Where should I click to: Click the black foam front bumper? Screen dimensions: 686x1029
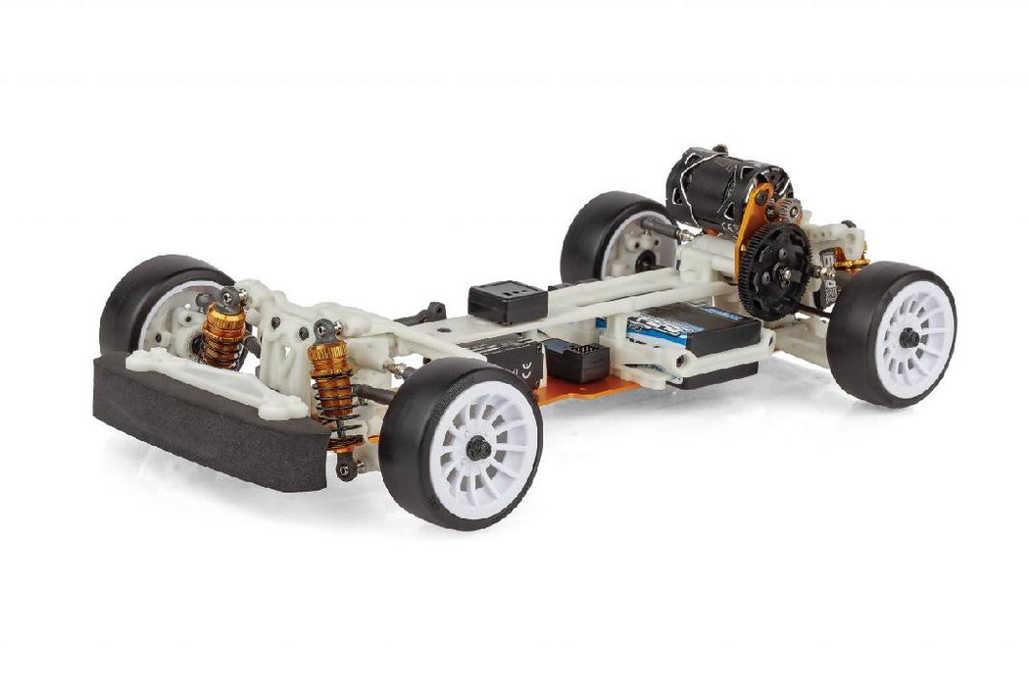tap(196, 431)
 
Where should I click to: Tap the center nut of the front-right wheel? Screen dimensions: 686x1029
tap(477, 448)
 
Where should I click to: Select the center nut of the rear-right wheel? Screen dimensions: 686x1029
tap(908, 337)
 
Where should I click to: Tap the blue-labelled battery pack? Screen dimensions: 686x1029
tap(686, 328)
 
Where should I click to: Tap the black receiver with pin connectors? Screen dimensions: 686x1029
tap(578, 360)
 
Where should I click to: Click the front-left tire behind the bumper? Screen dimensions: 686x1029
tap(147, 294)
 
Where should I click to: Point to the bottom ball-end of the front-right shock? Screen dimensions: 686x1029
tap(345, 468)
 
